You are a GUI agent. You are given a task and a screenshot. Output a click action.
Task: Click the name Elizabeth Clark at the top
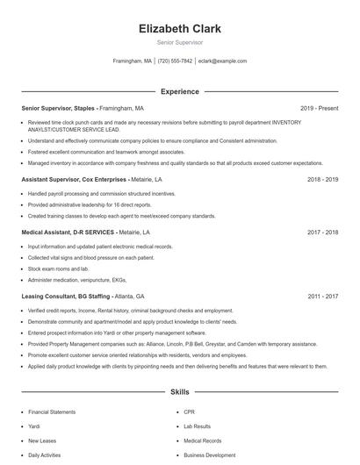(x=179, y=28)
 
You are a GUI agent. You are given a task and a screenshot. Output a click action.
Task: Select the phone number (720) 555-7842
(x=176, y=61)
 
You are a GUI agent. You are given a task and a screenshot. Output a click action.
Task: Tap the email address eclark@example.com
(x=223, y=61)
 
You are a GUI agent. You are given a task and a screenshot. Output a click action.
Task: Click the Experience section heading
(x=179, y=91)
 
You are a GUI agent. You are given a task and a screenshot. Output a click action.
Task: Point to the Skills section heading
(x=179, y=391)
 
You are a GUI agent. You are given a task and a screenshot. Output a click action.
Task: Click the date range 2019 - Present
(x=319, y=108)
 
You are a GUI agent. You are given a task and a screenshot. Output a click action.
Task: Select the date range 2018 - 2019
(x=322, y=178)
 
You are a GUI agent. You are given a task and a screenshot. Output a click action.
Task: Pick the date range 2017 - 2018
(x=322, y=232)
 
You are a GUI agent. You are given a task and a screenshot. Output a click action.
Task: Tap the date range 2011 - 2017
(x=322, y=297)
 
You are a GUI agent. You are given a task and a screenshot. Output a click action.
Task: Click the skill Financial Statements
(x=51, y=411)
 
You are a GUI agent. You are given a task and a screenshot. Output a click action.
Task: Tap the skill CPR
(x=189, y=411)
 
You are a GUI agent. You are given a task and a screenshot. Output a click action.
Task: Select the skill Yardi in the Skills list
(x=35, y=426)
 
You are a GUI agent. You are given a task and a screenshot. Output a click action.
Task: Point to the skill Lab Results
(x=198, y=426)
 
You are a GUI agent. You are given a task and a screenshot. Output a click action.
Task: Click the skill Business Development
(x=209, y=455)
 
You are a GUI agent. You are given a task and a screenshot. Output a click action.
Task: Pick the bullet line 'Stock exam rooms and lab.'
(x=58, y=269)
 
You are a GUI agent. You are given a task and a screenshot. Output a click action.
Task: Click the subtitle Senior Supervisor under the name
(x=179, y=42)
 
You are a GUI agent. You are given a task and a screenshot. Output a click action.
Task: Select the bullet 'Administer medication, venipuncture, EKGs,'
(x=77, y=280)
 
